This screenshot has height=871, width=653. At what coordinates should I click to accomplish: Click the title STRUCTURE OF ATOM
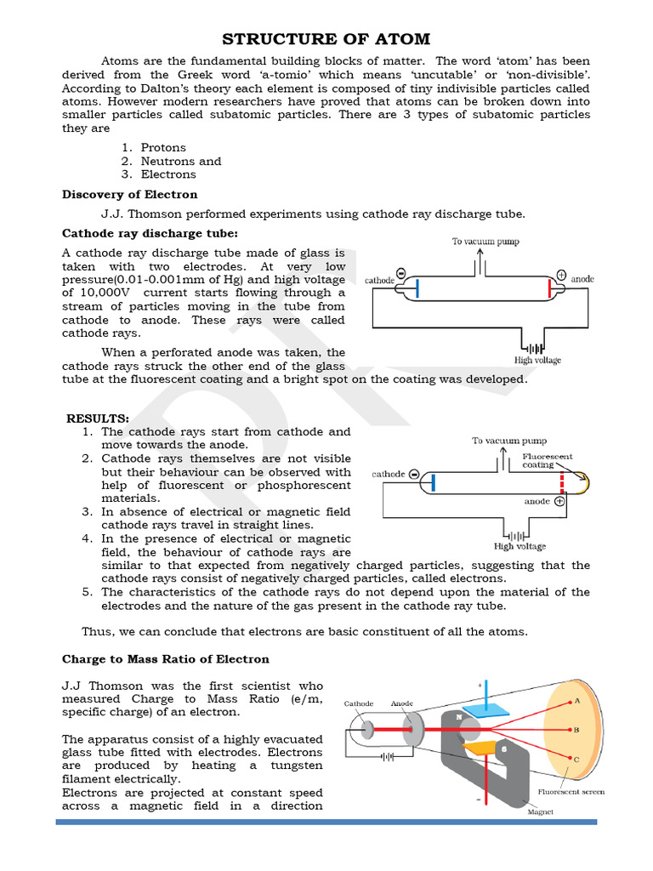pyautogui.click(x=326, y=39)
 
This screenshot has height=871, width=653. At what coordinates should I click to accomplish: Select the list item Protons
pyautogui.click(x=163, y=147)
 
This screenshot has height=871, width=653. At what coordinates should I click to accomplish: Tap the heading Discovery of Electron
pyautogui.click(x=117, y=194)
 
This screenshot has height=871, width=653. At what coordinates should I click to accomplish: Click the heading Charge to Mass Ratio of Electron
pyautogui.click(x=166, y=659)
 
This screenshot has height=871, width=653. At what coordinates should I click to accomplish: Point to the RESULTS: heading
pyautogui.click(x=98, y=418)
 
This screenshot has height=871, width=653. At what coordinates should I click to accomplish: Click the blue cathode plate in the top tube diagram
pyautogui.click(x=417, y=287)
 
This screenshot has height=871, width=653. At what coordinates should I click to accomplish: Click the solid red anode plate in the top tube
pyautogui.click(x=549, y=288)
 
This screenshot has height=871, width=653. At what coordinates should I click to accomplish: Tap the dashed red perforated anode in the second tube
pyautogui.click(x=561, y=483)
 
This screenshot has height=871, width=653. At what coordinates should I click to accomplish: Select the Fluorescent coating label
pyautogui.click(x=547, y=460)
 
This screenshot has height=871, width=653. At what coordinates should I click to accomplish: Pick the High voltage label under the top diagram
pyautogui.click(x=537, y=361)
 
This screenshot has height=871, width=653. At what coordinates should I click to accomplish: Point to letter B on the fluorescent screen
pyautogui.click(x=577, y=730)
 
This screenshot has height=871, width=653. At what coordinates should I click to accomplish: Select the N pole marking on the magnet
pyautogui.click(x=458, y=717)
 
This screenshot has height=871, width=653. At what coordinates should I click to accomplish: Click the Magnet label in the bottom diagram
pyautogui.click(x=540, y=811)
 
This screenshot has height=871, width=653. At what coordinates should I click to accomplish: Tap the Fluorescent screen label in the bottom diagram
pyautogui.click(x=571, y=792)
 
